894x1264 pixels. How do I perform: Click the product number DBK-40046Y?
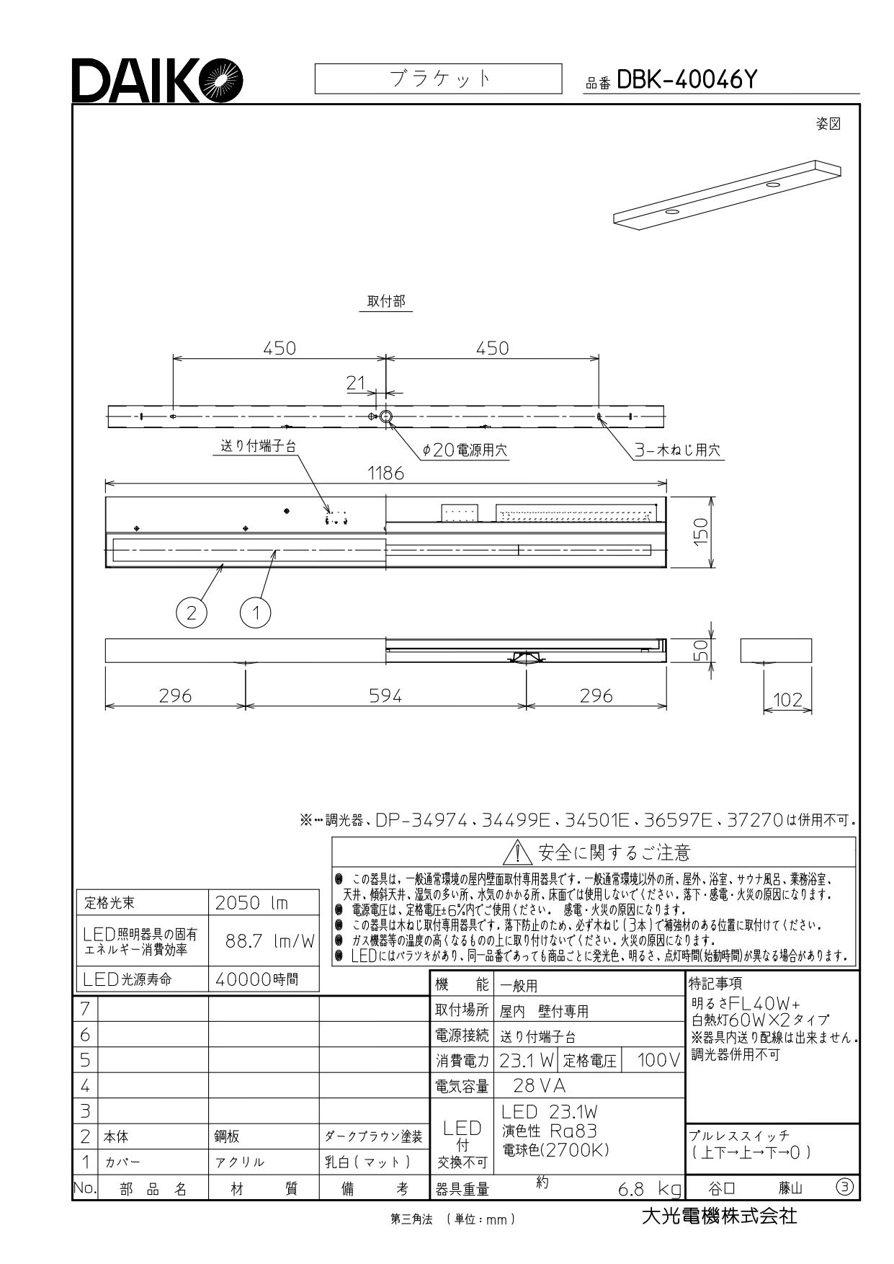click(x=687, y=80)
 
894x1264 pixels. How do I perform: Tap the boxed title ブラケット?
click(x=438, y=79)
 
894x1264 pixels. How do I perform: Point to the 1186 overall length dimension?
click(x=385, y=473)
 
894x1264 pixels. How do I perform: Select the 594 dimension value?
click(x=385, y=695)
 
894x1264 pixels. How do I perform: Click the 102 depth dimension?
click(x=787, y=699)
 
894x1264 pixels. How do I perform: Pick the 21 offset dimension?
click(x=356, y=383)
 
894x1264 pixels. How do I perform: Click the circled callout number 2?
click(x=191, y=613)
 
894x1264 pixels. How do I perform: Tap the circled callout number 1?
click(x=255, y=613)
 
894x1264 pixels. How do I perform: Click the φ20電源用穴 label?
click(x=465, y=450)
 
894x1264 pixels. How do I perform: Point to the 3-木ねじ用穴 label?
click(x=677, y=450)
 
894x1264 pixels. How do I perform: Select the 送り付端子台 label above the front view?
click(x=258, y=446)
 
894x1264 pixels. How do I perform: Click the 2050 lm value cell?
click(x=264, y=903)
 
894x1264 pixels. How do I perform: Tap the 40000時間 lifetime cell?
click(x=264, y=979)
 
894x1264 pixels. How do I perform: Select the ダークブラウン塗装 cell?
click(x=373, y=1136)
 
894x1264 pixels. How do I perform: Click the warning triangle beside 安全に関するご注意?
click(x=518, y=853)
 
